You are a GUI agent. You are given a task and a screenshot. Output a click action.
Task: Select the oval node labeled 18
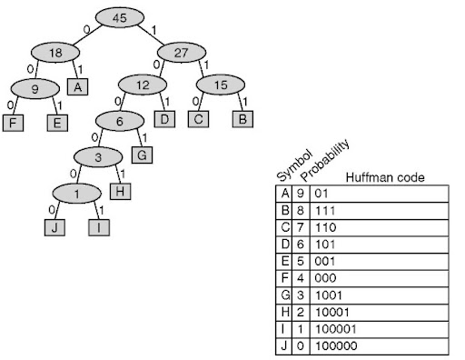pyautogui.click(x=54, y=52)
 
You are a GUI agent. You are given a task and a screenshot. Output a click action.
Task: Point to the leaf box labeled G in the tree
pyautogui.click(x=142, y=155)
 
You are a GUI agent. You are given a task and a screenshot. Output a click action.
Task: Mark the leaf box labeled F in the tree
pyautogui.click(x=12, y=123)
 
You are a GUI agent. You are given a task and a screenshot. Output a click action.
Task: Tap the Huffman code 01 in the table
pyautogui.click(x=320, y=194)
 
